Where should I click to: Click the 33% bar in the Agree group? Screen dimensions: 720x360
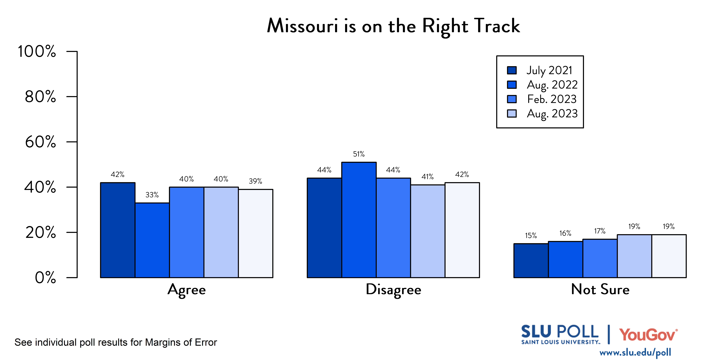152,240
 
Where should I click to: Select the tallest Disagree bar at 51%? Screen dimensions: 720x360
359,220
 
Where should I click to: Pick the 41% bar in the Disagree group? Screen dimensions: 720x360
428,231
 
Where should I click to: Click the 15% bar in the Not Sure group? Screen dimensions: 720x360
531,260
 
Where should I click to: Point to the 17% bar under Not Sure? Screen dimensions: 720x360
600,258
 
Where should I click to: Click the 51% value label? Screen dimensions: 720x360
359,154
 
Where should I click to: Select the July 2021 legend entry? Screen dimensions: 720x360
539,70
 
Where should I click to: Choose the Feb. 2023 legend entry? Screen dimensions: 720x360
542,99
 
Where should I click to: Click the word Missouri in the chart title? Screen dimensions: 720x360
302,26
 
